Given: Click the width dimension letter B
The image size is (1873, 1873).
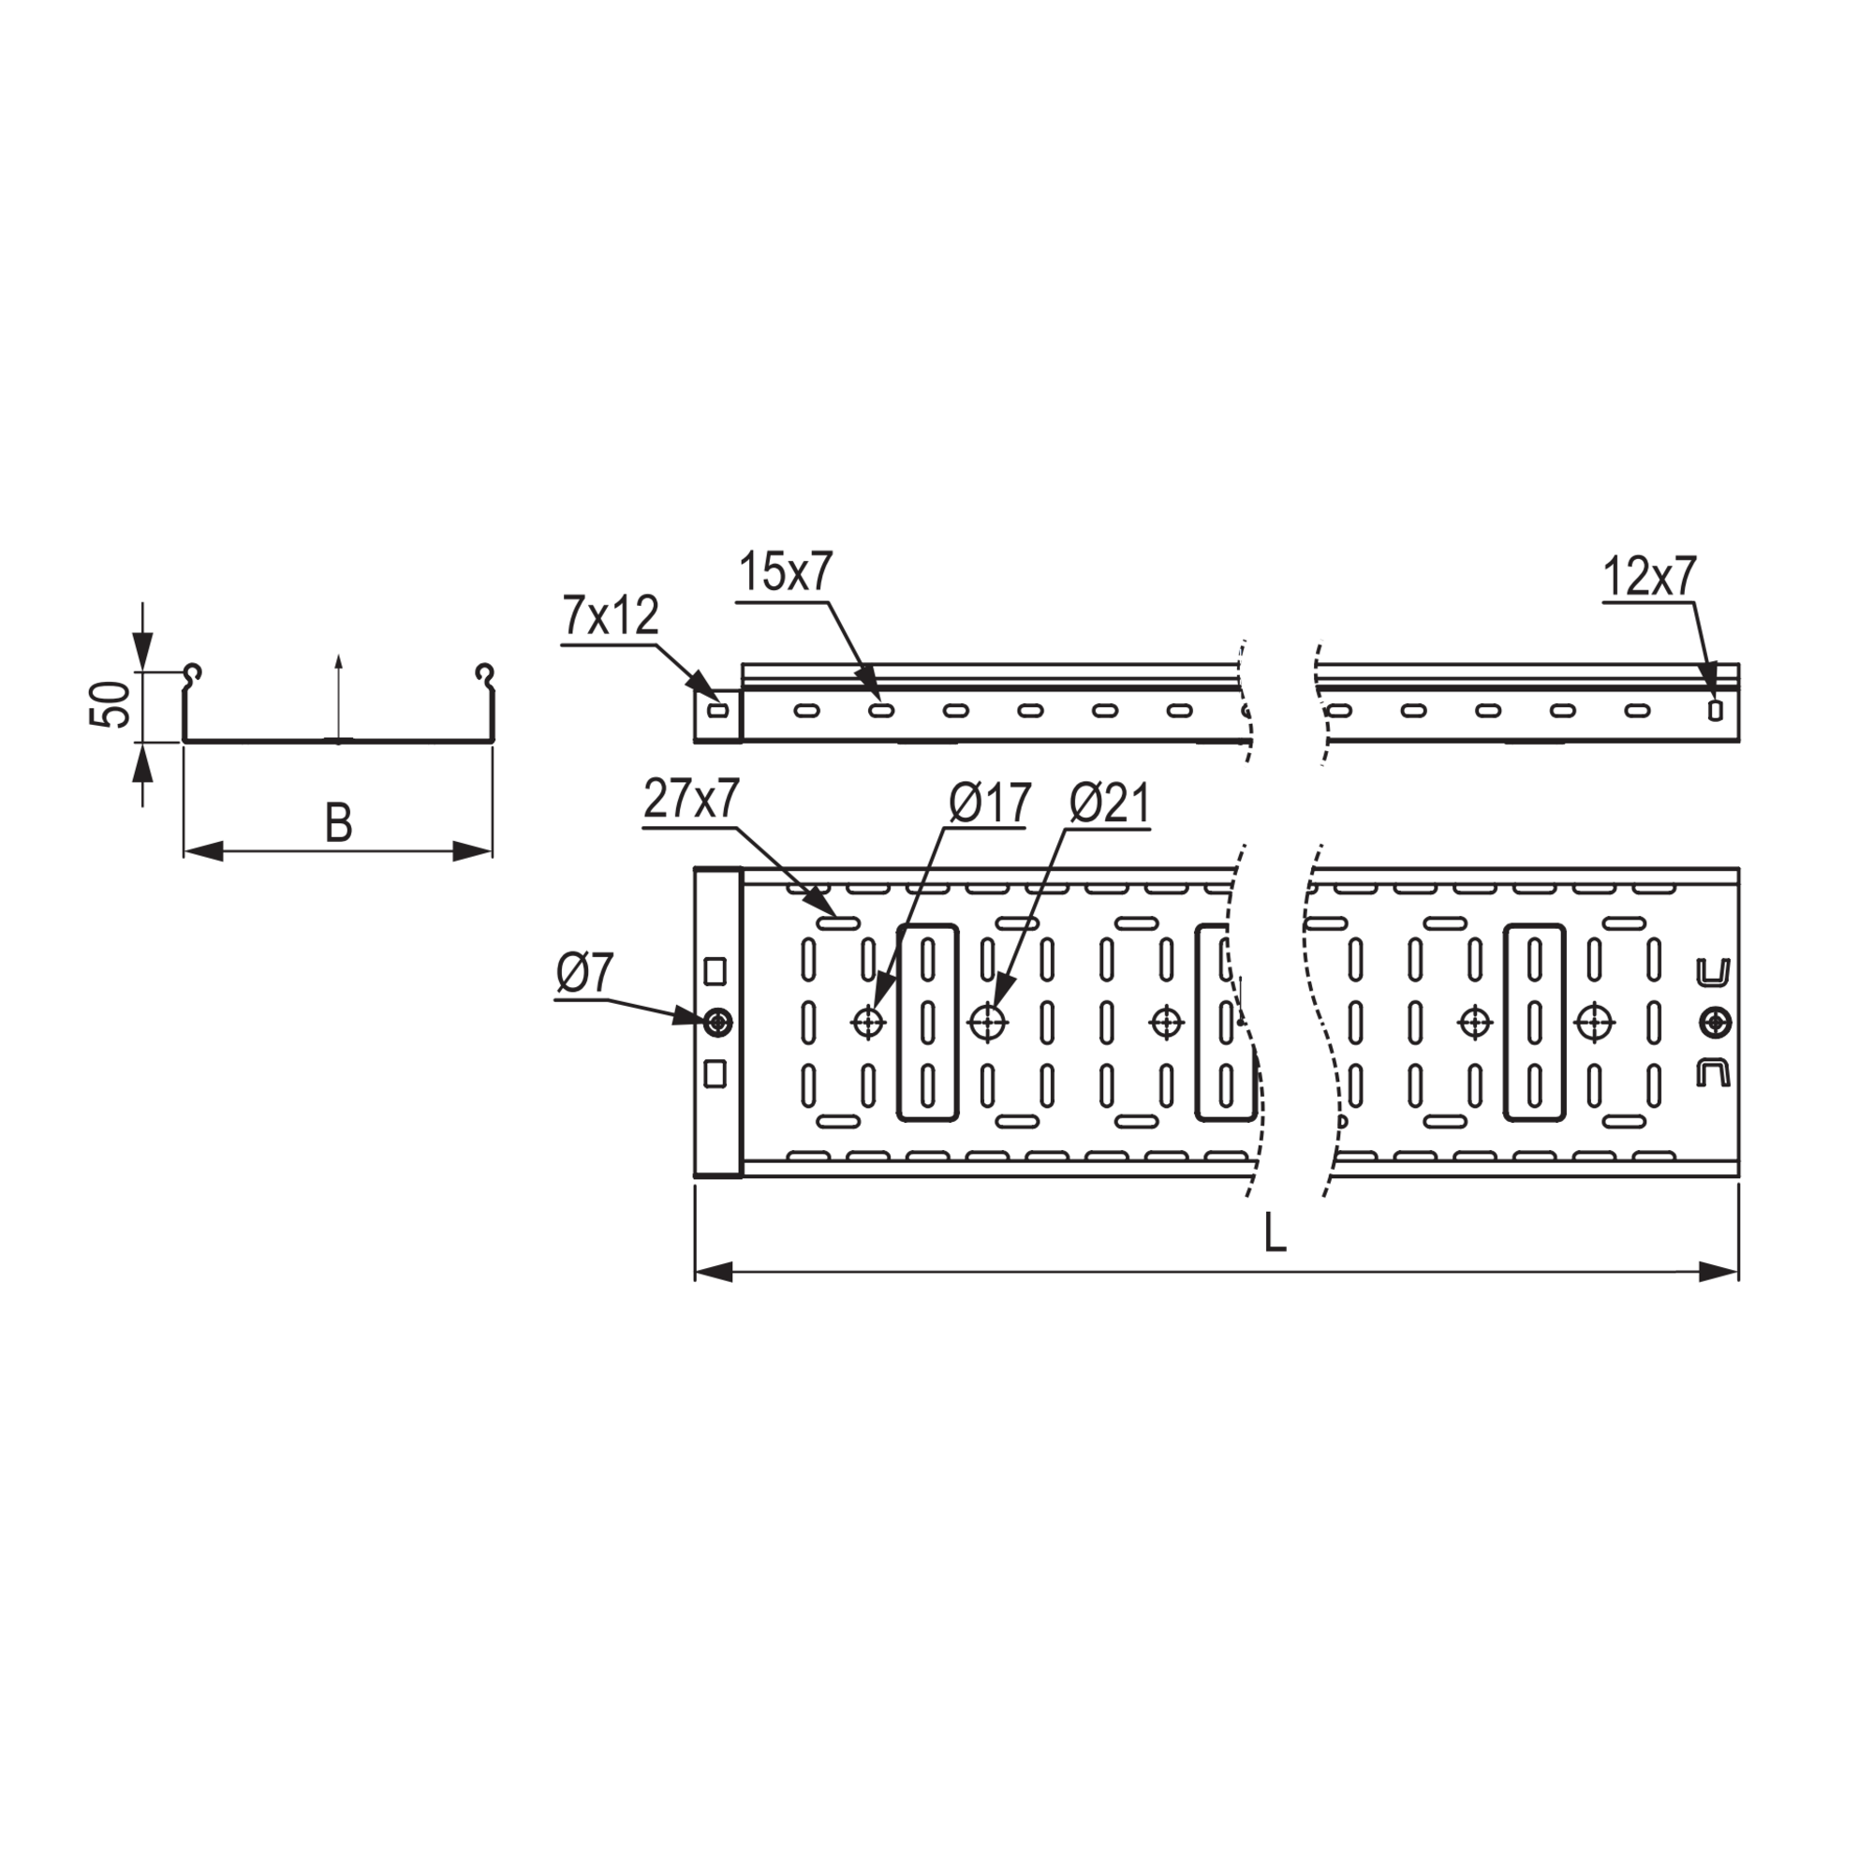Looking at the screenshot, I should click(x=337, y=824).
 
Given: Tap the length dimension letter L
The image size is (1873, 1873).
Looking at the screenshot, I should click(x=1275, y=1234).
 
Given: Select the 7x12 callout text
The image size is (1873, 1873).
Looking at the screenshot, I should click(x=611, y=615).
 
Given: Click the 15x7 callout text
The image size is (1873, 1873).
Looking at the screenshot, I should click(x=786, y=573).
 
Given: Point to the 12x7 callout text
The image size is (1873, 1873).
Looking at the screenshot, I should click(x=1649, y=577).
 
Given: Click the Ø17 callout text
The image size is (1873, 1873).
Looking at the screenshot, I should click(x=989, y=804).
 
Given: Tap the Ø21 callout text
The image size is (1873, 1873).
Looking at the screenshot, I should click(x=1110, y=804).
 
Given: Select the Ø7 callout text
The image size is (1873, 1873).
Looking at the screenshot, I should click(x=585, y=974).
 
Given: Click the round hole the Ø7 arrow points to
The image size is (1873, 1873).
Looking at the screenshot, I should click(x=718, y=1022).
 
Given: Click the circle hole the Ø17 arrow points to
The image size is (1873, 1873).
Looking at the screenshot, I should click(x=868, y=1022).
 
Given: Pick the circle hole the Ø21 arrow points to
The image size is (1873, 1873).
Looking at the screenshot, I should click(x=988, y=1022).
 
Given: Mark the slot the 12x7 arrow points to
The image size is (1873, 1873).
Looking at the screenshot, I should click(x=1715, y=711).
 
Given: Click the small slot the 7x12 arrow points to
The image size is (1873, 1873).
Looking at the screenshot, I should click(x=717, y=711).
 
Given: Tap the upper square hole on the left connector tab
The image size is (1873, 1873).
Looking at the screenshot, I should click(x=715, y=969).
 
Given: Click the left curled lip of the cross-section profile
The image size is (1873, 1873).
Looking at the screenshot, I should click(x=193, y=672).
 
